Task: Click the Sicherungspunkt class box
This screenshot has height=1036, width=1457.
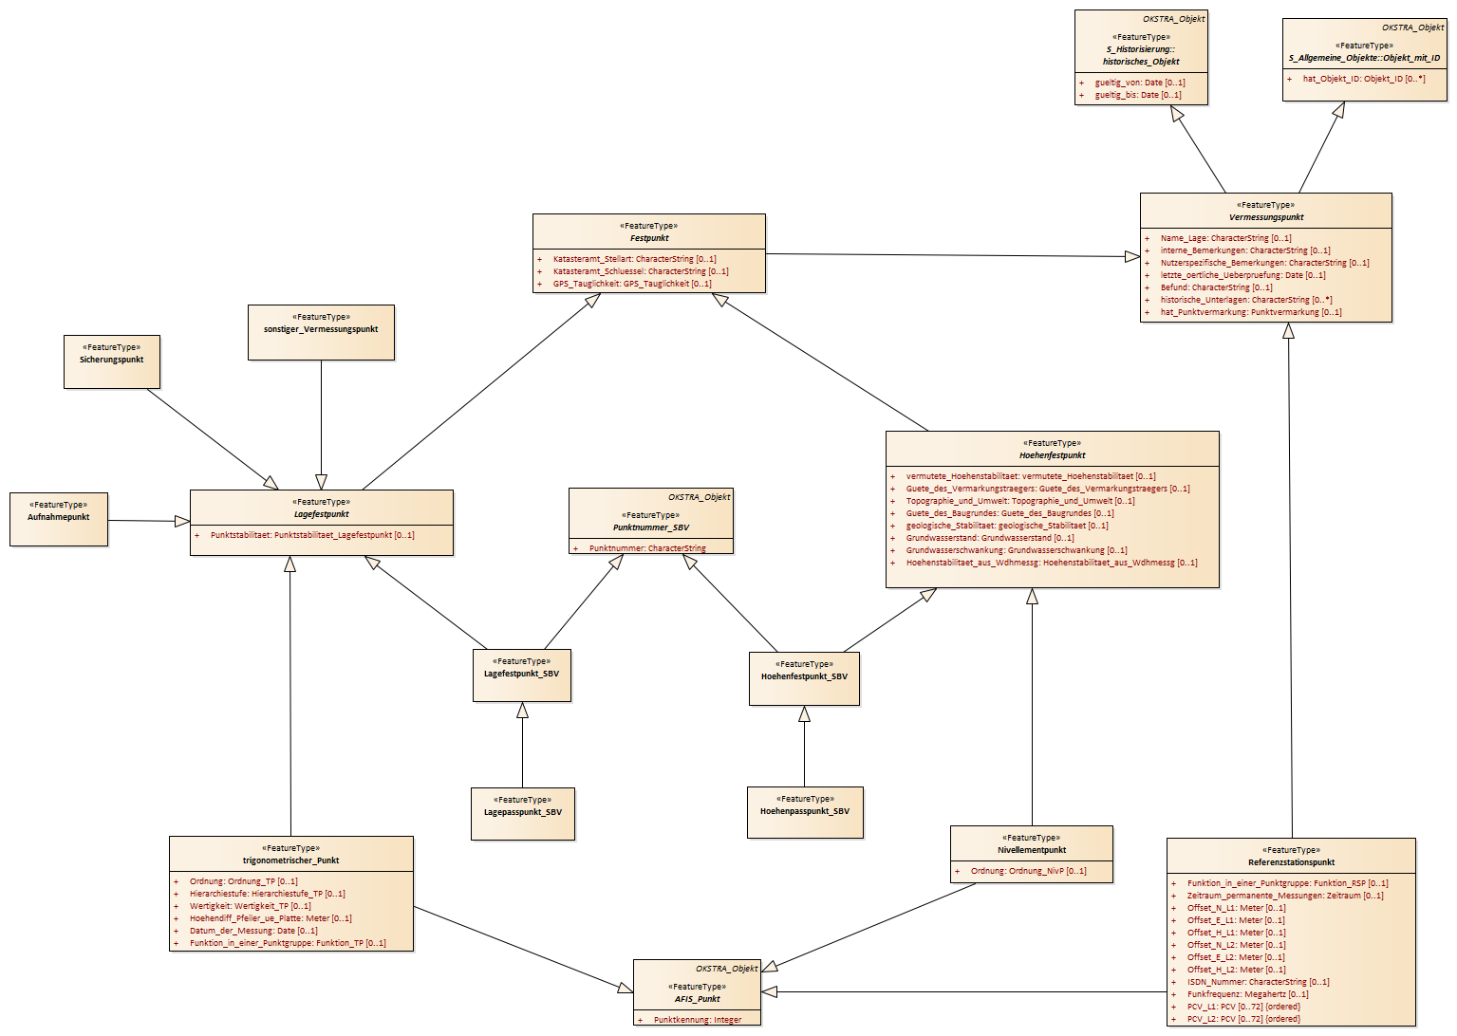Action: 112,362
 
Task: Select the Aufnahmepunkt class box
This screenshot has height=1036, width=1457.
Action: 59,519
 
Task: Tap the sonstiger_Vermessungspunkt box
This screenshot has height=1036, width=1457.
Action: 321,332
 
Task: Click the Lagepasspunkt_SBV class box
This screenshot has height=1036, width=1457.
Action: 523,814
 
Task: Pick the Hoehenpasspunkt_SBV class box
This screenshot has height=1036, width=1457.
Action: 805,812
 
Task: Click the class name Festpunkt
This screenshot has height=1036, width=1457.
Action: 649,238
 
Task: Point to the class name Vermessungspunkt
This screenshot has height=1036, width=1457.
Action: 1266,217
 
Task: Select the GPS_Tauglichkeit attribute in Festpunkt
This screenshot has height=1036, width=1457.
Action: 631,284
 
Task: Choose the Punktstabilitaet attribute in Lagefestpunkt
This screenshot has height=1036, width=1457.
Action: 305,535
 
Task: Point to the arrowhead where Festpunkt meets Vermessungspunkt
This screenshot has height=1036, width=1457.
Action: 1132,257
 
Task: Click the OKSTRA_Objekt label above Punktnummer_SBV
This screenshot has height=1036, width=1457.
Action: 700,497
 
